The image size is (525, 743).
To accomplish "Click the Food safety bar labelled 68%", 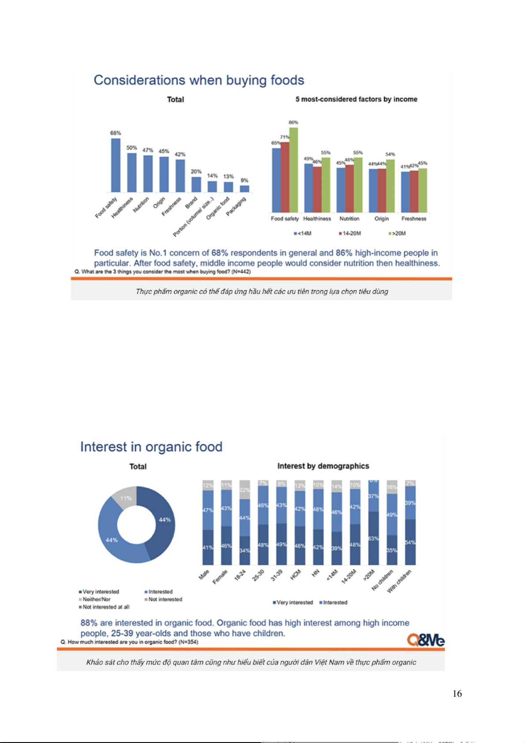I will pyautogui.click(x=115, y=165).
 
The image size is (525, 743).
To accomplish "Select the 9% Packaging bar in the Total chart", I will pyautogui.click(x=244, y=189).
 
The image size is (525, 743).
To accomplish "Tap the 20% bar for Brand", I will pyautogui.click(x=196, y=184).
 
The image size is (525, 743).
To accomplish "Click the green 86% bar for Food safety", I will pyautogui.click(x=294, y=170).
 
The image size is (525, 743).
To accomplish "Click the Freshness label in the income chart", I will pyautogui.click(x=413, y=219).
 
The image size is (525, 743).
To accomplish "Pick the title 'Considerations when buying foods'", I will pyautogui.click(x=199, y=80).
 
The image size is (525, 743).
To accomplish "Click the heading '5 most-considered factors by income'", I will pyautogui.click(x=356, y=99).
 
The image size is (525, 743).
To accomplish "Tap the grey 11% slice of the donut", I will pyautogui.click(x=125, y=497).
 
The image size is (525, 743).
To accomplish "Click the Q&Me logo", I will pyautogui.click(x=425, y=639).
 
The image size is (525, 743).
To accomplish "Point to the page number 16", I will pyautogui.click(x=457, y=694).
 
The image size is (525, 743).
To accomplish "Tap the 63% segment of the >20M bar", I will pyautogui.click(x=373, y=538).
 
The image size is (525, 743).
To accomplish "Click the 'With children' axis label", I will pyautogui.click(x=399, y=581).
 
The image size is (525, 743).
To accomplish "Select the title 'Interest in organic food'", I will pyautogui.click(x=151, y=447).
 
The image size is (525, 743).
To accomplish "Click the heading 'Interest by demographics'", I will pyautogui.click(x=323, y=466).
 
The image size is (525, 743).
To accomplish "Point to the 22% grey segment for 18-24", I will pyautogui.click(x=245, y=490).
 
